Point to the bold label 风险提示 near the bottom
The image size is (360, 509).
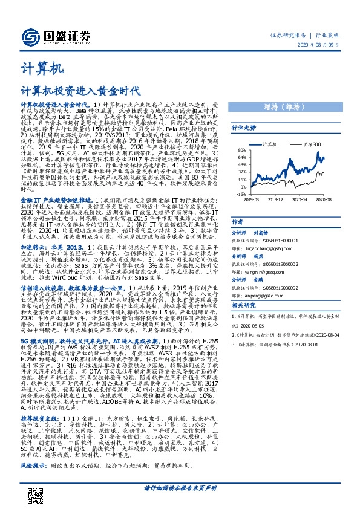32,468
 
